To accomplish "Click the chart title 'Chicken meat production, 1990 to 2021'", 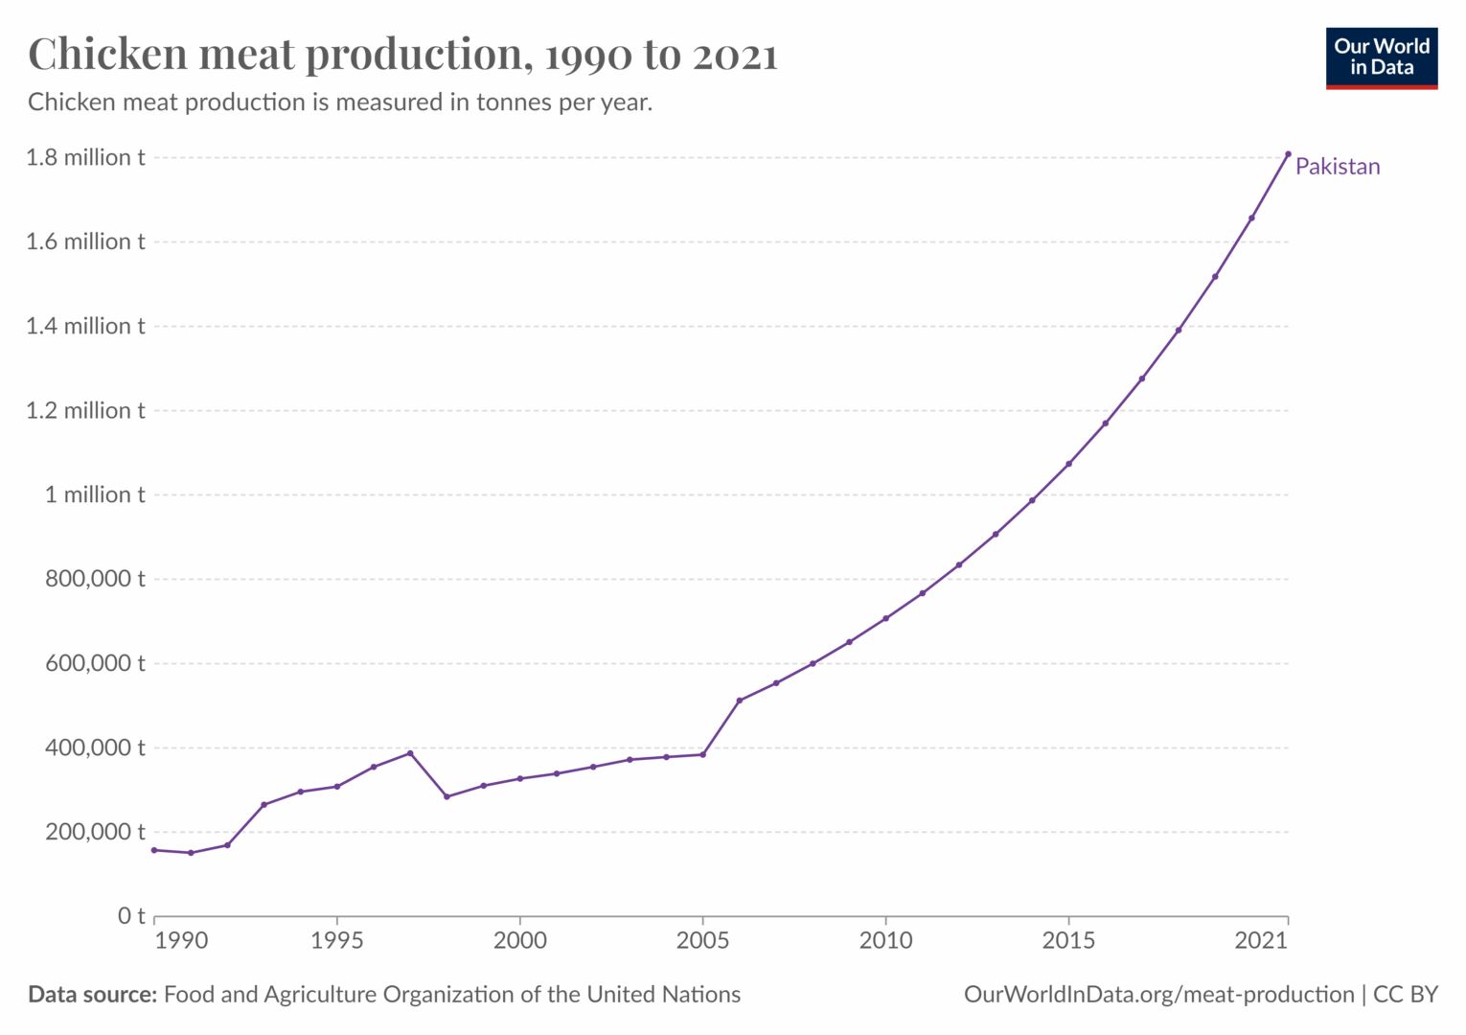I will click(x=402, y=55).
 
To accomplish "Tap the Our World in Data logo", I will click(x=1381, y=58).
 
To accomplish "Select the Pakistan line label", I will click(x=1337, y=167).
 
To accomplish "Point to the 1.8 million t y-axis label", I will click(x=85, y=157).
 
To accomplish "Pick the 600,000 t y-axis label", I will click(x=95, y=663).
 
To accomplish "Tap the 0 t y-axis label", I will click(x=131, y=916).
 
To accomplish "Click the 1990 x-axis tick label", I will click(x=181, y=941).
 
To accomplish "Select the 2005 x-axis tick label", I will click(x=702, y=941).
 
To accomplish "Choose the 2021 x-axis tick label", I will click(x=1261, y=941).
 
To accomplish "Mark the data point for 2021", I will click(x=1288, y=153).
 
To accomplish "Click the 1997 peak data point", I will click(x=410, y=753).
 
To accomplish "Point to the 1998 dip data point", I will click(x=447, y=796).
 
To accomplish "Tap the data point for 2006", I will click(x=739, y=701).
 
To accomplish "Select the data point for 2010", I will click(x=885, y=618).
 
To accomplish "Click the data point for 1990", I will click(x=154, y=850).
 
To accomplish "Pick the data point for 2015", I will click(x=1068, y=464).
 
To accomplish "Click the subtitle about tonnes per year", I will click(x=340, y=103).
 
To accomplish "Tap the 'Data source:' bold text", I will click(x=92, y=995).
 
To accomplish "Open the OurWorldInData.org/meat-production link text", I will click(x=1158, y=995).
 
